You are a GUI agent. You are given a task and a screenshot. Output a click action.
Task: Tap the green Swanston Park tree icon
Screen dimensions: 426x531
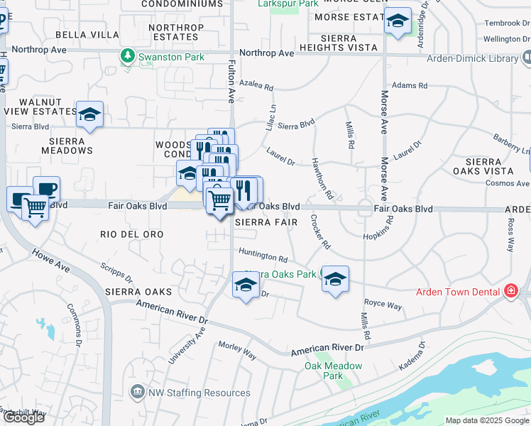pos(128,56)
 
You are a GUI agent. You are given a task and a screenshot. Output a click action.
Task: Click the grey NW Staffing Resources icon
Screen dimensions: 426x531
pos(137,392)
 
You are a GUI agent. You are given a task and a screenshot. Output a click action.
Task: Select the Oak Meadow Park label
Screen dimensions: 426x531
pos(333,371)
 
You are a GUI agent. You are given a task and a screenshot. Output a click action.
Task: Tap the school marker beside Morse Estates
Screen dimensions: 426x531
pos(398,21)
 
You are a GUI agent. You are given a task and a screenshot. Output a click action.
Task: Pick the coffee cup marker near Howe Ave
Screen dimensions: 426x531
pos(46,190)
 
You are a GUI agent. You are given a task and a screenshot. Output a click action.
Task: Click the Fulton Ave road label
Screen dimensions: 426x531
pos(231,82)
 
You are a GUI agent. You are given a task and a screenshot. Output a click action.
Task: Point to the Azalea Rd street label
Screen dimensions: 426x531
pos(256,87)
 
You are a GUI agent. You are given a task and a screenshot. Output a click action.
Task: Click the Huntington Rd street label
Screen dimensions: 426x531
pos(263,254)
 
